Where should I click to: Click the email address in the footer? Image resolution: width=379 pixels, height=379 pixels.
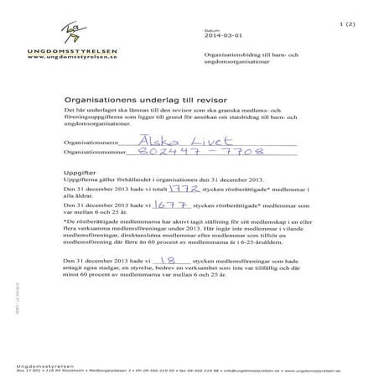click(264, 367)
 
